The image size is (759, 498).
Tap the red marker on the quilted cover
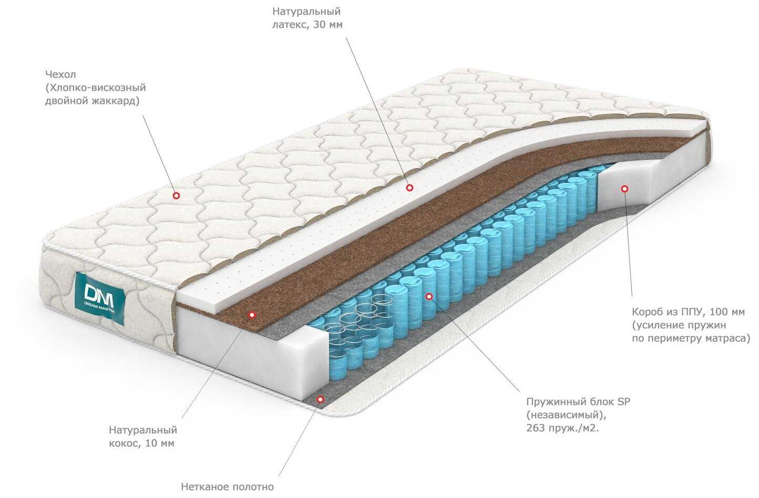[x=176, y=195]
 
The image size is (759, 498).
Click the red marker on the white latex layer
[x=409, y=188]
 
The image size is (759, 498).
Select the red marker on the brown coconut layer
[x=252, y=315]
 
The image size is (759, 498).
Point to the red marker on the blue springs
[x=429, y=297]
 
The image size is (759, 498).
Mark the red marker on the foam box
[x=624, y=188]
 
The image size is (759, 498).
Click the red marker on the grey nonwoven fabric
[x=319, y=399]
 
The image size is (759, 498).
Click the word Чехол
[x=60, y=75]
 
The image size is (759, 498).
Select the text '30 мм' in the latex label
[x=327, y=25]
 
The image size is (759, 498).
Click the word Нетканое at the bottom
[x=204, y=487]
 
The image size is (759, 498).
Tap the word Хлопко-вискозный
[x=96, y=88]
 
